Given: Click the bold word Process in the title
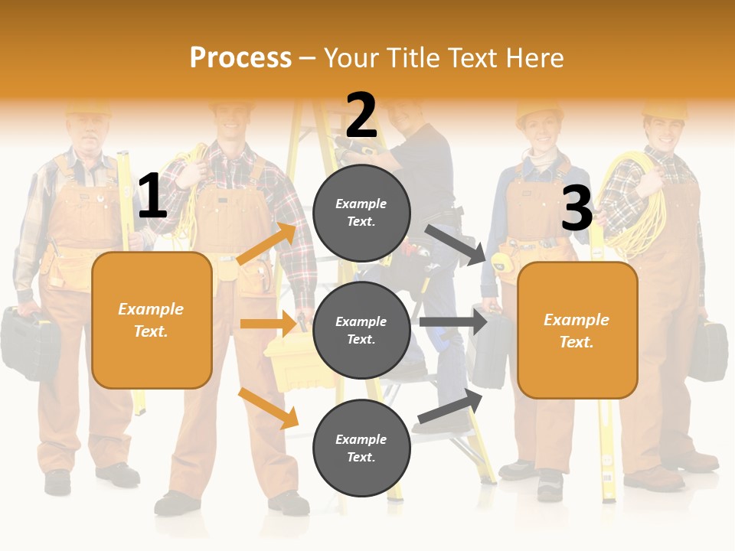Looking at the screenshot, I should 240,58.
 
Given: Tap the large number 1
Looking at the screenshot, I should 152,197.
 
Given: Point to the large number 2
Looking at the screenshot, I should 361,116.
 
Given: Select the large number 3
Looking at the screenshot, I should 577,208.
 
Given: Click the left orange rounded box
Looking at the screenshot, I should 152,320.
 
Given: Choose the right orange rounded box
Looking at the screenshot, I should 577,330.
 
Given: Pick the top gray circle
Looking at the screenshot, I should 361,213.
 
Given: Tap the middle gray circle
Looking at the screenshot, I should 361,330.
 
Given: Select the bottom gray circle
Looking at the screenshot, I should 361,448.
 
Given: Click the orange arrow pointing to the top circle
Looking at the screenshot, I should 267,244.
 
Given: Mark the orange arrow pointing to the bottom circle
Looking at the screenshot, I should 269,408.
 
